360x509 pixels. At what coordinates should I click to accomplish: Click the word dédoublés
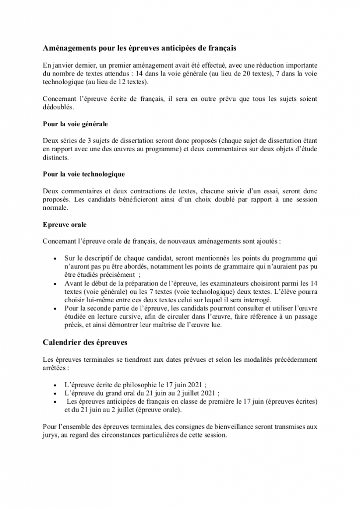click(59, 107)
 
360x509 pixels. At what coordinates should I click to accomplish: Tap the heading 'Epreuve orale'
click(65, 224)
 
